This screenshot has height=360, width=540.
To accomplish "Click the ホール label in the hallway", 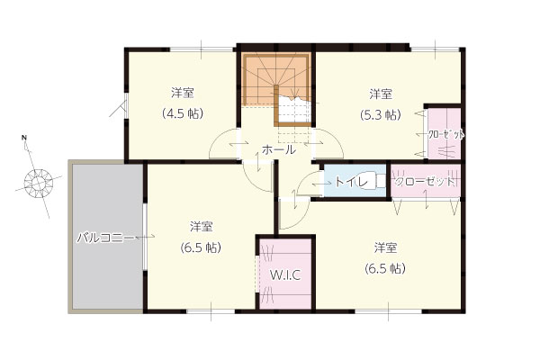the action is (279, 150).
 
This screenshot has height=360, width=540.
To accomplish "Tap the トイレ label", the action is (351, 182).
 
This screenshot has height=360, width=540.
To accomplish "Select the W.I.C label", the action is (285, 274).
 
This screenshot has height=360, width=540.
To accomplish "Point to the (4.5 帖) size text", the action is (183, 113).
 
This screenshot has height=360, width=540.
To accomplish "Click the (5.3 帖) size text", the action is (381, 114).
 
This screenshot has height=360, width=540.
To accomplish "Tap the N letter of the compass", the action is (23, 138).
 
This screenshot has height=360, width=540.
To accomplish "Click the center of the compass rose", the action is (38, 182).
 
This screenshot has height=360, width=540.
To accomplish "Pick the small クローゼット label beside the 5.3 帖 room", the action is (446, 134).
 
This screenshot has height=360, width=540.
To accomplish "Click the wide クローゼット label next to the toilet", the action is (424, 181).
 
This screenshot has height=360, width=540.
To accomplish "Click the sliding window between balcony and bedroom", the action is (145, 238).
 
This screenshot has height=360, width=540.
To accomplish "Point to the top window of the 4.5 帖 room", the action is (201, 49).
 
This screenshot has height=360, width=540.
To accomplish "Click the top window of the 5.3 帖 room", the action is (436, 49).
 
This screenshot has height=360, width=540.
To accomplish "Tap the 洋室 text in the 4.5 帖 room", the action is (183, 93).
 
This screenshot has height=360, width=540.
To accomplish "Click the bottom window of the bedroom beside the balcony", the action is (211, 311).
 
